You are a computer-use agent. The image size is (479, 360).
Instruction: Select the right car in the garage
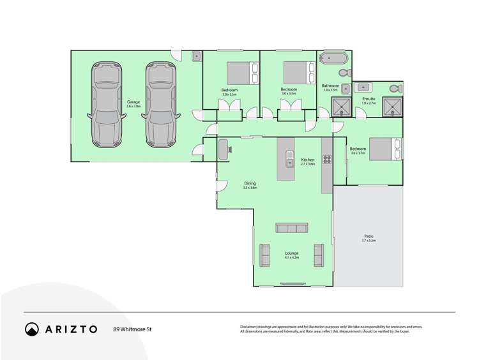[160, 103]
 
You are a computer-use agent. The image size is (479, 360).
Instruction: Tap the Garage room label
[133, 102]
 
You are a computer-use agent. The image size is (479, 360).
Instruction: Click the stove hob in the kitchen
[327, 160]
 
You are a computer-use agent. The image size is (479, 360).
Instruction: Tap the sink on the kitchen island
[289, 163]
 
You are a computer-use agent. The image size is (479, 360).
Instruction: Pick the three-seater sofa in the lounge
[292, 228]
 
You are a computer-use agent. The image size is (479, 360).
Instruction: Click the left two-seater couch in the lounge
[265, 255]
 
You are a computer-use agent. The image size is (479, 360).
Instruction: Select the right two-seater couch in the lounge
[319, 255]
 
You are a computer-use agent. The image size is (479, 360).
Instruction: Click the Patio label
[369, 236]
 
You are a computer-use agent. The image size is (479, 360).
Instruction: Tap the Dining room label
[249, 183]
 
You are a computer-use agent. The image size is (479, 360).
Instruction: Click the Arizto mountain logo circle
[32, 329]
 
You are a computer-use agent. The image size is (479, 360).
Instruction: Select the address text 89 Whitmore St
[132, 329]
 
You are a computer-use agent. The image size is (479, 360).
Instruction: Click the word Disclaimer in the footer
[248, 327]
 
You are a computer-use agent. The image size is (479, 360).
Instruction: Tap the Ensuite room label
[369, 99]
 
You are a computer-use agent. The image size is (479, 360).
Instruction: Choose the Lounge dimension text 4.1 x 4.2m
[292, 258]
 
